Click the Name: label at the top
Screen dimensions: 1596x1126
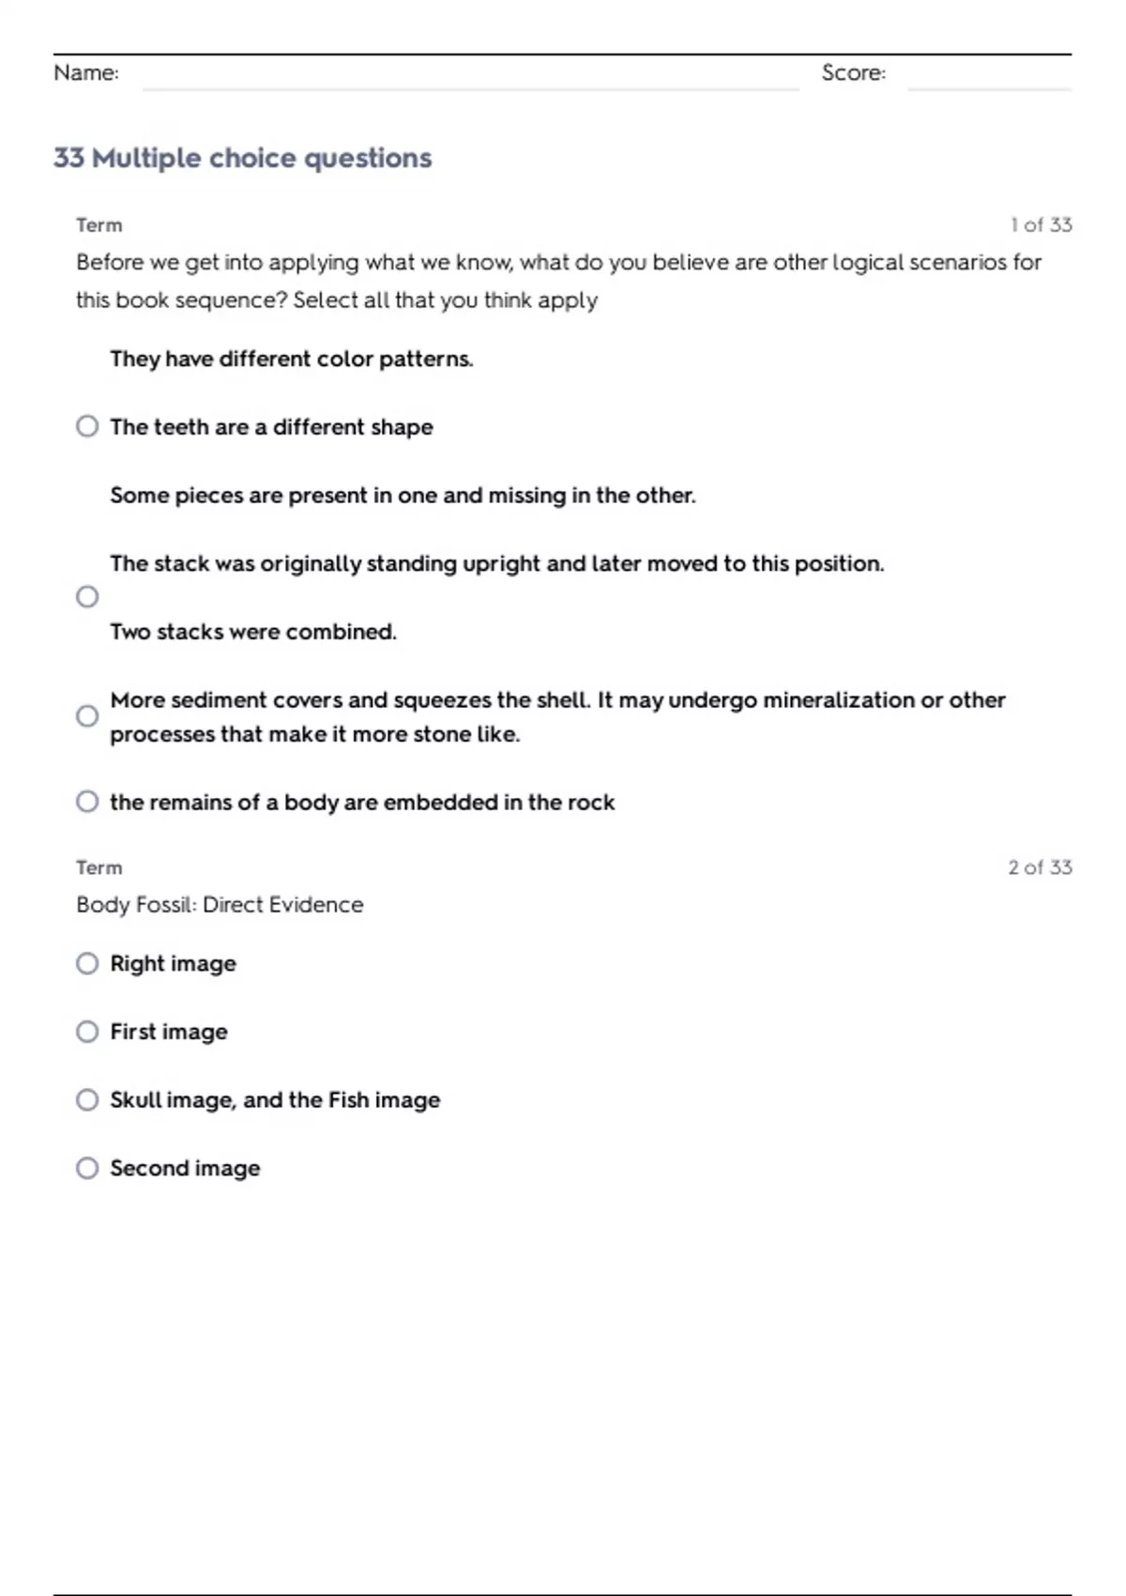tap(86, 73)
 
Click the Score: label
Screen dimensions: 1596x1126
tap(853, 73)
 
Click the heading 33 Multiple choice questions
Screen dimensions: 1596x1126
tap(242, 158)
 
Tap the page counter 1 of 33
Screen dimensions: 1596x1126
tap(1041, 225)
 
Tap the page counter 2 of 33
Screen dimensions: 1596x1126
tap(1040, 867)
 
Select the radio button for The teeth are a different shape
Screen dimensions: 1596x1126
tap(87, 426)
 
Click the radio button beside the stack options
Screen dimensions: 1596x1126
tap(87, 597)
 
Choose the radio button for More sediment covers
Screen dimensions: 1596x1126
tap(87, 716)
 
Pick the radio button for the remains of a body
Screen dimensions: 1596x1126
tap(87, 802)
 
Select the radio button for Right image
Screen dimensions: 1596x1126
tap(87, 963)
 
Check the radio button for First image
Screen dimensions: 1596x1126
tap(87, 1032)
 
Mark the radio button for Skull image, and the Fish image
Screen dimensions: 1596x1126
tap(87, 1099)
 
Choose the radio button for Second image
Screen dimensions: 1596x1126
tap(87, 1168)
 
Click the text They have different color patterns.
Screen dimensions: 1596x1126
tap(291, 359)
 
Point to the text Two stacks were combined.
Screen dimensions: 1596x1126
tap(253, 632)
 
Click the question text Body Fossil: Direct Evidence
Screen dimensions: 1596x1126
tap(220, 905)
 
